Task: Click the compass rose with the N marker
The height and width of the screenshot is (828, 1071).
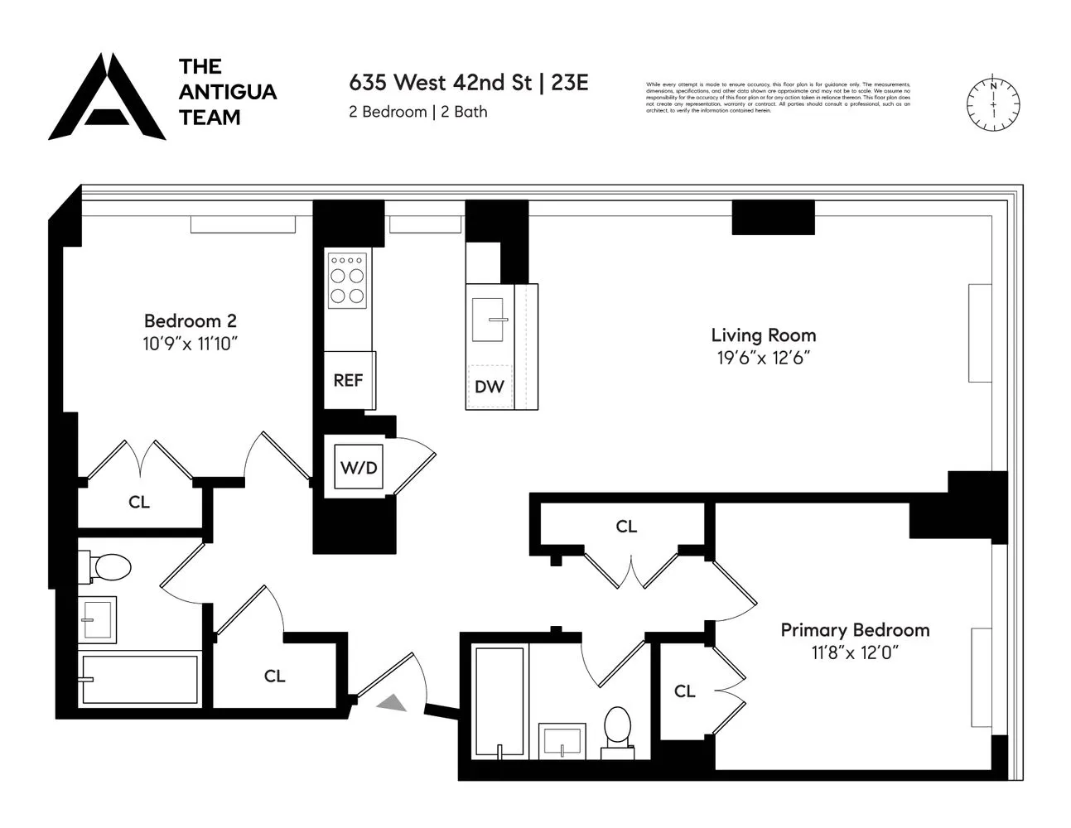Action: [x=993, y=105]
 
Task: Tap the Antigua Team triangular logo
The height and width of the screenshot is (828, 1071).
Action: [x=107, y=99]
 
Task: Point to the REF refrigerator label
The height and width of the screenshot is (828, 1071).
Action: [x=348, y=381]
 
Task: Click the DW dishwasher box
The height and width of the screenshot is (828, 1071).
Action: [x=490, y=387]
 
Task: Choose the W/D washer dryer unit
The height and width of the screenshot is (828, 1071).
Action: [x=359, y=468]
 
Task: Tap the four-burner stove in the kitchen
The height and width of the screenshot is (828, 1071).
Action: [x=348, y=279]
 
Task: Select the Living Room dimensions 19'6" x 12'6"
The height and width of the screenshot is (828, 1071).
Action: [x=763, y=359]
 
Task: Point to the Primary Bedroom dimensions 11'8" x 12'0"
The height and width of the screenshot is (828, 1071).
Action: [x=855, y=653]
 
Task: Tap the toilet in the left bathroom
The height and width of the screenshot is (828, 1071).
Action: [x=108, y=568]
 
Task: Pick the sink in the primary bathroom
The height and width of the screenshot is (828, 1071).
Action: [x=562, y=739]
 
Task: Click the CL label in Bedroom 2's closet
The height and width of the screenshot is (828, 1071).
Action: [x=139, y=502]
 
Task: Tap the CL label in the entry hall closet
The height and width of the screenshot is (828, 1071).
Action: [x=274, y=676]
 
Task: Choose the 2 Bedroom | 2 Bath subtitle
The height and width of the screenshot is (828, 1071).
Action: [x=417, y=112]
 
